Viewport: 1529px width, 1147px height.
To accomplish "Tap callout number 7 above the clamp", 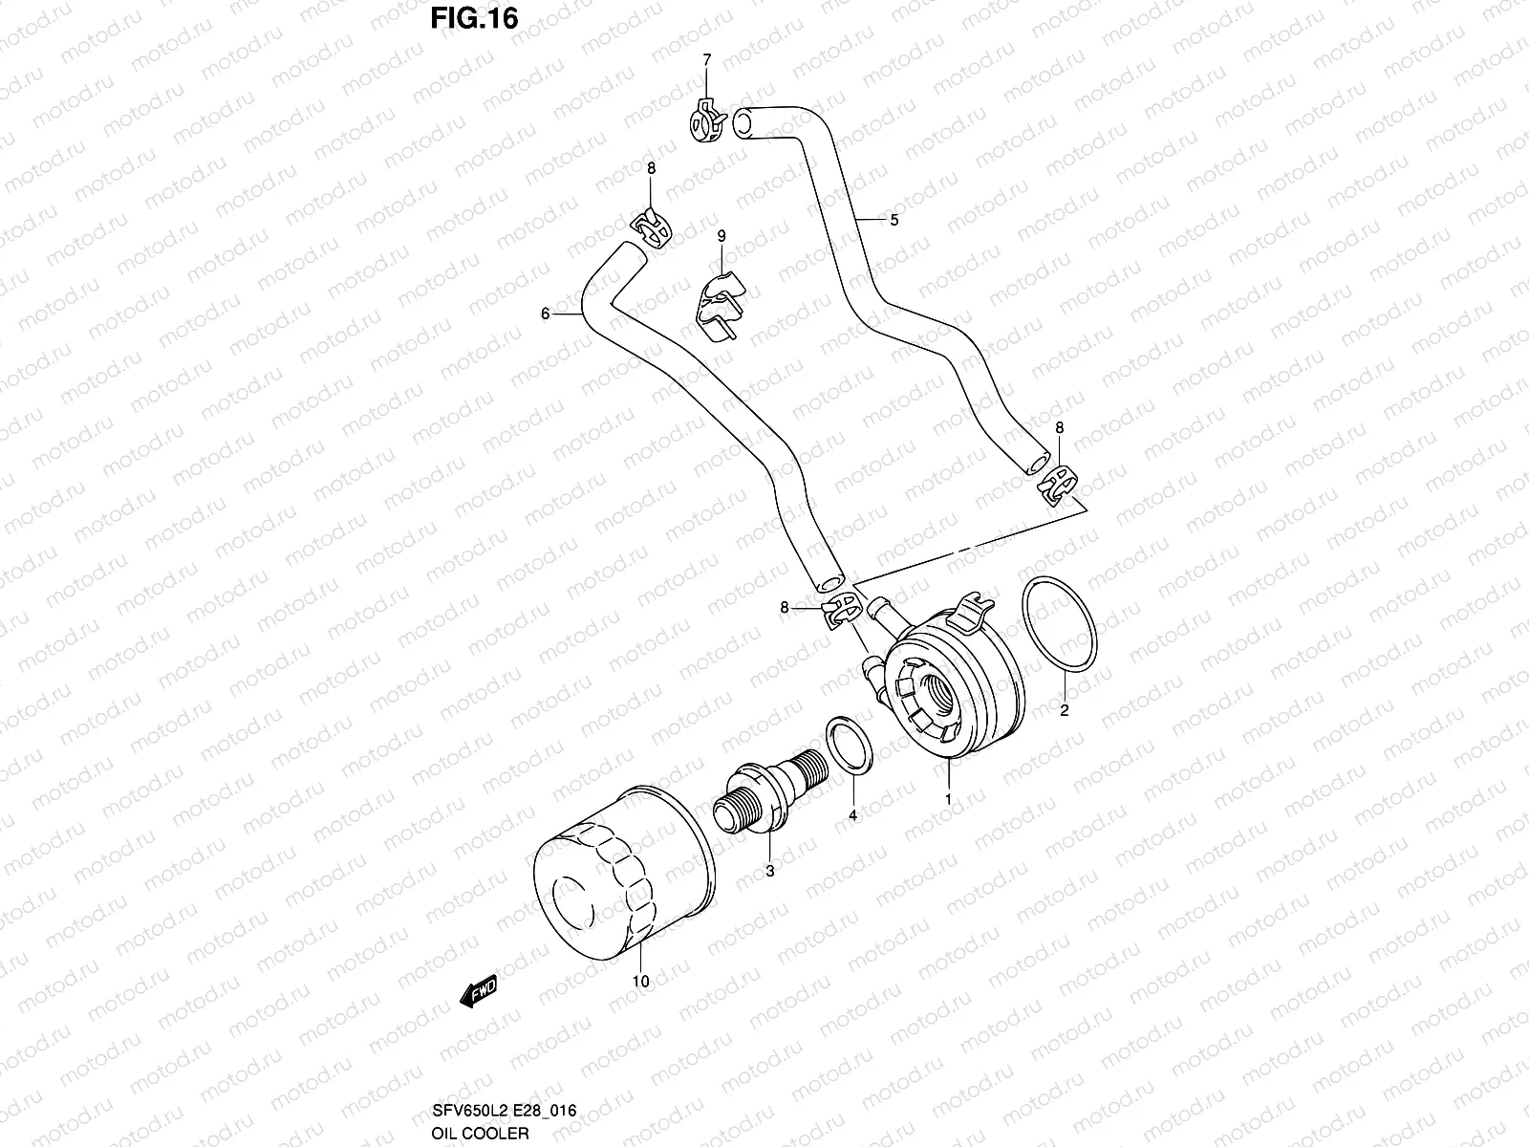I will pos(707,60).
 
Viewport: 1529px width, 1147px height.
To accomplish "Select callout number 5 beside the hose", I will pos(894,220).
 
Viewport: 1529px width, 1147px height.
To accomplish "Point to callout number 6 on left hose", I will pos(545,314).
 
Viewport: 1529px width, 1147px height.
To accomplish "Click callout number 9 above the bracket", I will pos(721,235).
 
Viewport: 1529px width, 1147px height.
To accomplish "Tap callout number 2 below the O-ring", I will pos(1064,710).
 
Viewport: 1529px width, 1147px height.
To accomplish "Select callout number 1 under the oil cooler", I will pos(948,798).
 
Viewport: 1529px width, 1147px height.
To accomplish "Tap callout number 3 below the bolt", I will pos(769,871).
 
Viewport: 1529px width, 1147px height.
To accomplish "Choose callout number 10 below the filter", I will pos(640,981).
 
